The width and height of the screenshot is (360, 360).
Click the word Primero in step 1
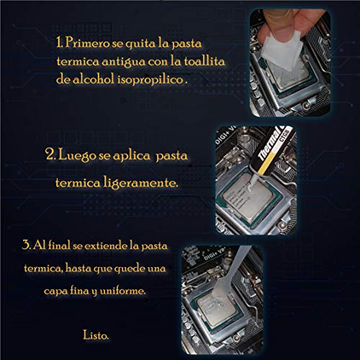coord(87,43)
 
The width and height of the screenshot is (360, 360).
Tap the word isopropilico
coord(150,80)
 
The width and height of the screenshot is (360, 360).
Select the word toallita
coord(204,61)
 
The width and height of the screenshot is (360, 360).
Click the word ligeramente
coord(141,183)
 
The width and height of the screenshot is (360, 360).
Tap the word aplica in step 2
coord(131,156)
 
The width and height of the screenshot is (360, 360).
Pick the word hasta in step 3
coord(77,268)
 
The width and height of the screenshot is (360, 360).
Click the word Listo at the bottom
coord(96,335)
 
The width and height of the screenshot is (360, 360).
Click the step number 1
coord(60,42)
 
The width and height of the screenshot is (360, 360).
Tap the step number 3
coord(27,245)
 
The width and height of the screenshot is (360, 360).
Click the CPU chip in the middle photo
coord(248,197)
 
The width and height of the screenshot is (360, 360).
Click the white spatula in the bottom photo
coord(229,276)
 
